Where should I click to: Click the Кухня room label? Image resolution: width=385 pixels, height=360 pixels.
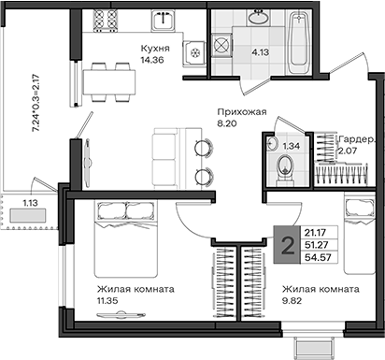(155, 49)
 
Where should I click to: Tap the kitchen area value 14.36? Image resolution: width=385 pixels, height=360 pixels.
(152, 60)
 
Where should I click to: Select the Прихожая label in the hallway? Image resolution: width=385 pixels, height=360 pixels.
(242, 112)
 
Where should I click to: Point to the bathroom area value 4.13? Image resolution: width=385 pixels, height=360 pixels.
(261, 52)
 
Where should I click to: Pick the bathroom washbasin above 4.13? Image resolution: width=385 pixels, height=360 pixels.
(258, 17)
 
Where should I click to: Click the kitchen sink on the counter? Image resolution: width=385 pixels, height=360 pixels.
(163, 20)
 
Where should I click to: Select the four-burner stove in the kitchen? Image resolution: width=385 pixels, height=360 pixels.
(106, 21)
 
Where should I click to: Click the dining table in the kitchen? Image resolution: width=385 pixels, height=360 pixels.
(109, 82)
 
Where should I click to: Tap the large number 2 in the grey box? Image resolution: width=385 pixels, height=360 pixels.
(287, 245)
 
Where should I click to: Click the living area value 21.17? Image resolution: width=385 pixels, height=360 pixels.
(315, 233)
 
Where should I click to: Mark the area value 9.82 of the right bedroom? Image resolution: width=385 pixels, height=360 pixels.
(292, 301)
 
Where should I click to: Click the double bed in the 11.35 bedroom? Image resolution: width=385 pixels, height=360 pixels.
(125, 238)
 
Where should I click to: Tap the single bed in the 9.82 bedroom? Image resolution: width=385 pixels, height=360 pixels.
(360, 233)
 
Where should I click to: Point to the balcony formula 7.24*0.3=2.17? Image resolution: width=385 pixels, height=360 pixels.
(36, 104)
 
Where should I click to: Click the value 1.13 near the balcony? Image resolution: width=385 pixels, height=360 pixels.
(30, 203)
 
